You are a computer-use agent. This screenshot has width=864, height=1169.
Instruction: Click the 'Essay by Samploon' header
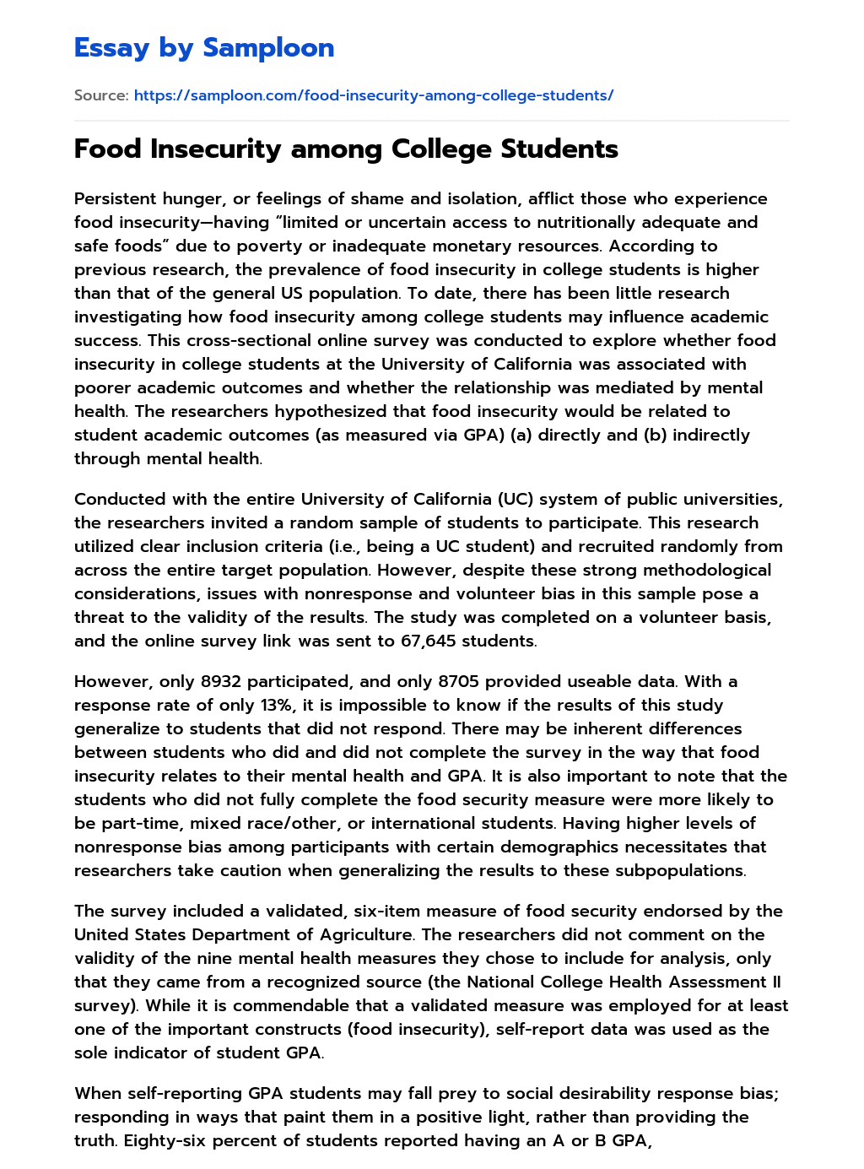click(204, 48)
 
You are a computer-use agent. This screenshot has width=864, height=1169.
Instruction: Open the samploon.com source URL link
click(373, 95)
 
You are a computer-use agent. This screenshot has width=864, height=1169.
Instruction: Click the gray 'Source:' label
click(100, 95)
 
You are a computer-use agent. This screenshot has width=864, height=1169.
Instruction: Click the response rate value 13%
click(272, 706)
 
